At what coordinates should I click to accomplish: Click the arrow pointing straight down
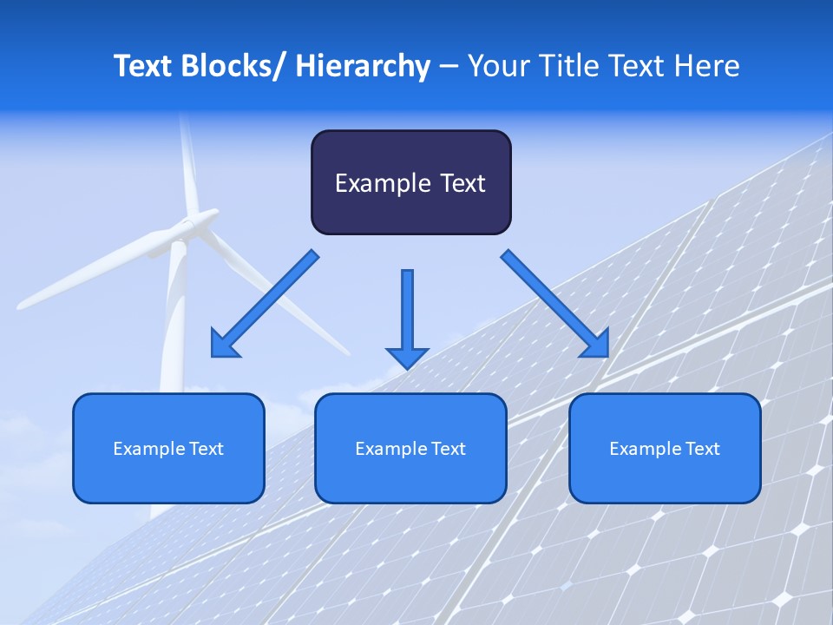click(407, 318)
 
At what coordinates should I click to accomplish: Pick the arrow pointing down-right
click(555, 304)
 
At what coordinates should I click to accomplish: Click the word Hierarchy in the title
click(363, 66)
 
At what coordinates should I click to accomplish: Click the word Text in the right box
click(702, 449)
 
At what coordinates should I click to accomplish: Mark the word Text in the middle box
click(448, 449)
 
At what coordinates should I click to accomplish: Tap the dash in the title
click(449, 66)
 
